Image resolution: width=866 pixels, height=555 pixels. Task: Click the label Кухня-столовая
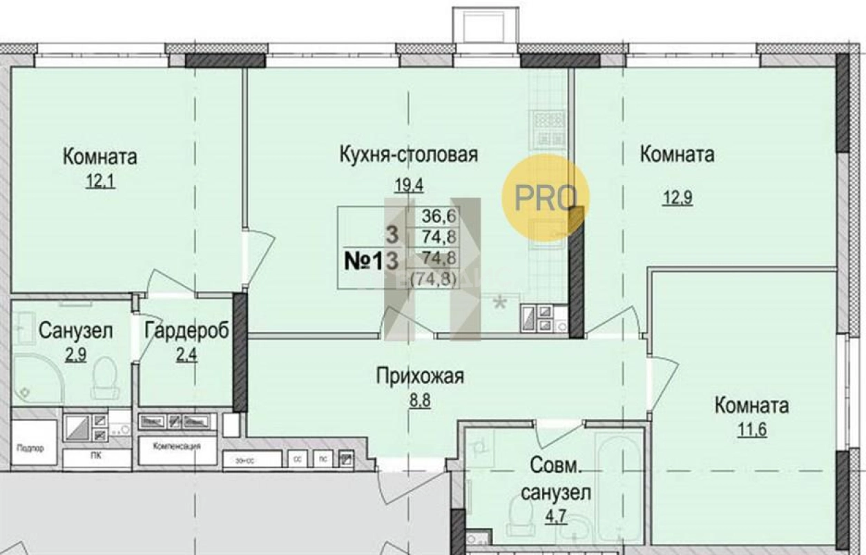(409, 153)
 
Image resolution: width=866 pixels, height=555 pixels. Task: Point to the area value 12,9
(677, 198)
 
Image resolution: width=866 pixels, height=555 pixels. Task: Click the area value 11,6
(752, 431)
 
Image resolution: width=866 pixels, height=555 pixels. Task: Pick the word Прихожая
(419, 376)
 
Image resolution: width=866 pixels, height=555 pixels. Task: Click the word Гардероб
(186, 331)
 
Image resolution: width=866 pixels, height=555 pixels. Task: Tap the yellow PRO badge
(545, 197)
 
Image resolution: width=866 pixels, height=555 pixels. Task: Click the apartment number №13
(373, 261)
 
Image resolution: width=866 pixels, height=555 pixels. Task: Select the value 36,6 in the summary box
(441, 215)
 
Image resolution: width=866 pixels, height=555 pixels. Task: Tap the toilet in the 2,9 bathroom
(105, 378)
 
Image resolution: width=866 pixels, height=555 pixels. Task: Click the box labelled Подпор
(32, 448)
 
